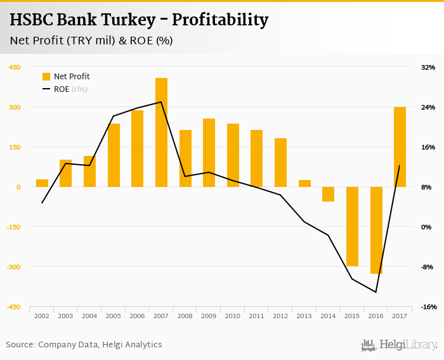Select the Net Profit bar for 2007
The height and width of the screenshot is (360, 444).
[161, 132]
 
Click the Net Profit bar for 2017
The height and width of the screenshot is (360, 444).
[400, 147]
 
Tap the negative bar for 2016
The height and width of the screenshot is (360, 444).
[376, 230]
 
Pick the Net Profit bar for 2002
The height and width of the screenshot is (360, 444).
[42, 183]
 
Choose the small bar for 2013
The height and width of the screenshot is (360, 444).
[304, 183]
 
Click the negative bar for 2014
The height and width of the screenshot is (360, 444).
[328, 194]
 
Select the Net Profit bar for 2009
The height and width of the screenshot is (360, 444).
[209, 153]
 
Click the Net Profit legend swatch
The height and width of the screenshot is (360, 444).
[46, 77]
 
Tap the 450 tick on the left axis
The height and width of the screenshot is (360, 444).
[14, 67]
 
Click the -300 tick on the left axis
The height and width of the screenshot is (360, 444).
[13, 267]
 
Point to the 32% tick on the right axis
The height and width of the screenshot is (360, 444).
[428, 67]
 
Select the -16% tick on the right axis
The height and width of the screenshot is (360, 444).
[427, 307]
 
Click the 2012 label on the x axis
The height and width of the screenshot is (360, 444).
[280, 316]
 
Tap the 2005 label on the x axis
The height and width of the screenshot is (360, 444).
[114, 316]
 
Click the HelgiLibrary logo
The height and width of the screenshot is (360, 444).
[400, 345]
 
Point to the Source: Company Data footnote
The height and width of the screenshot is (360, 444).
[84, 345]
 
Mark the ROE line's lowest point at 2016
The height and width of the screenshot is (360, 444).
[376, 292]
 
